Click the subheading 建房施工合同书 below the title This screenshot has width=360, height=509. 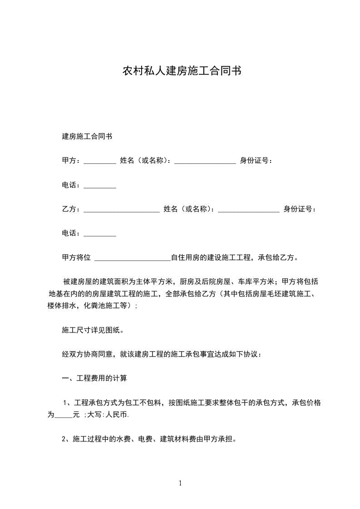[87, 136]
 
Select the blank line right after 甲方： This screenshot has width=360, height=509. [100, 162]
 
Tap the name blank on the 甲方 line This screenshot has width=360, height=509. [205, 162]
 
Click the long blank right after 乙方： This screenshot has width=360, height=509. [122, 210]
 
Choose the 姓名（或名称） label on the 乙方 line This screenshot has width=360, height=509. [189, 209]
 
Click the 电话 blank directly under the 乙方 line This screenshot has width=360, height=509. [100, 235]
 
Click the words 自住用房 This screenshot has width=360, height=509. [185, 258]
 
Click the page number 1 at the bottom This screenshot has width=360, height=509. [180, 484]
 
